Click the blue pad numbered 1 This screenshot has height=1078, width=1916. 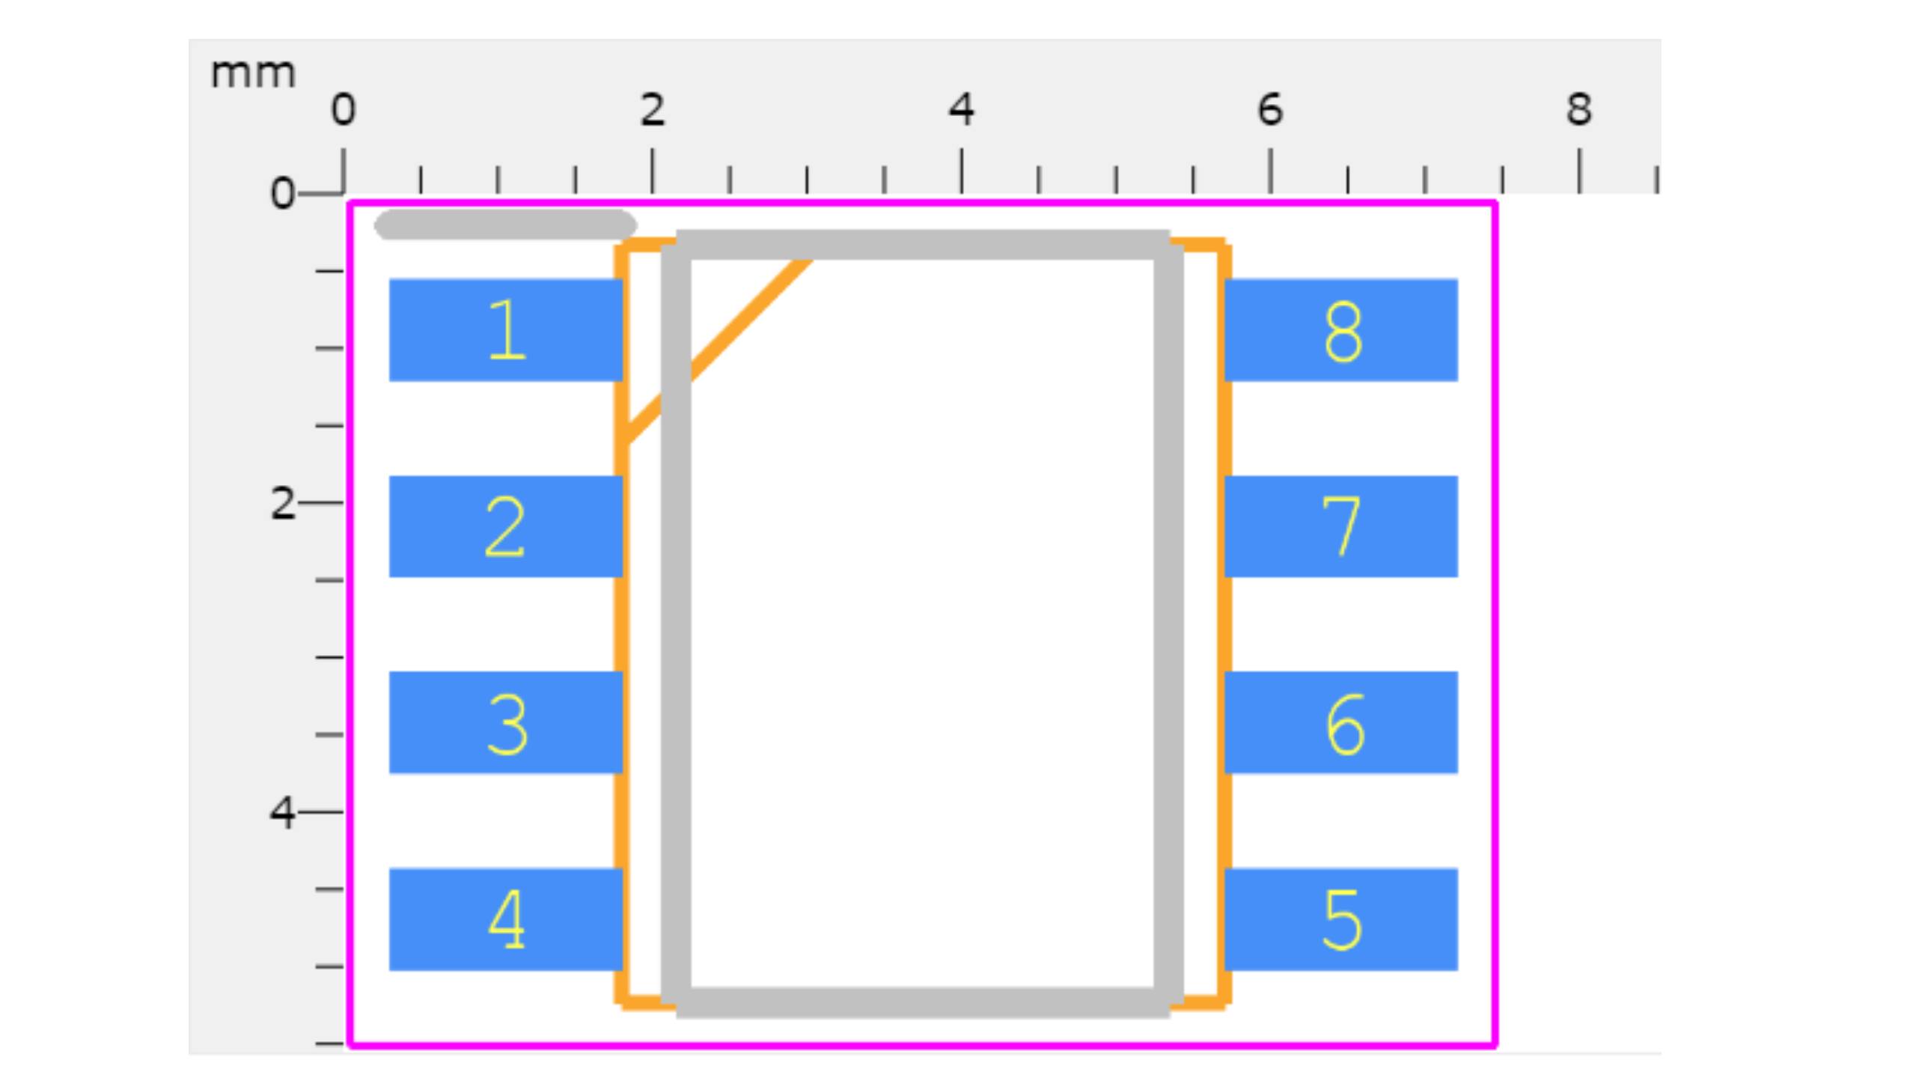pyautogui.click(x=506, y=330)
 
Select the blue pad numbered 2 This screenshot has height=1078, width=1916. pyautogui.click(x=506, y=526)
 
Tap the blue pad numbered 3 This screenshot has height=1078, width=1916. pyautogui.click(x=506, y=722)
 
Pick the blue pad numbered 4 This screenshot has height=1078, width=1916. pyautogui.click(x=506, y=919)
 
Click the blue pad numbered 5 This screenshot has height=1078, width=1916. pyautogui.click(x=1341, y=919)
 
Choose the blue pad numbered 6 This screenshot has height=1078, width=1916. pyautogui.click(x=1341, y=722)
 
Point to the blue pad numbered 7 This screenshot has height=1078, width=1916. pyautogui.click(x=1341, y=526)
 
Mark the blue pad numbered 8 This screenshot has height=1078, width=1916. pyautogui.click(x=1341, y=330)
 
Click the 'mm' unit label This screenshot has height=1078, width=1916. pyautogui.click(x=253, y=74)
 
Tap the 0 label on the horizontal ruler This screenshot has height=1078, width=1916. pyautogui.click(x=343, y=109)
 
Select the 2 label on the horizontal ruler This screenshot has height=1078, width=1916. pyautogui.click(x=652, y=109)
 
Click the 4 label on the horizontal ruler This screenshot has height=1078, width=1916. pyautogui.click(x=962, y=109)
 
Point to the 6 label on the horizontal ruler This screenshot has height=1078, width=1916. pyautogui.click(x=1270, y=109)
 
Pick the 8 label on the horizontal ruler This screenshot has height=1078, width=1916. pyautogui.click(x=1579, y=109)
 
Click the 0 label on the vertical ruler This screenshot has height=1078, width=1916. pyautogui.click(x=282, y=193)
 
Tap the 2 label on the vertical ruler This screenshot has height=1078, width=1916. pyautogui.click(x=282, y=503)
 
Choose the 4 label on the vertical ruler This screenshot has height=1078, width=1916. pyautogui.click(x=282, y=812)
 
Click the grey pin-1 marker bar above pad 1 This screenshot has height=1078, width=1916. pyautogui.click(x=506, y=225)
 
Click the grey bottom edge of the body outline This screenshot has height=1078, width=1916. pyautogui.click(x=923, y=1003)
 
